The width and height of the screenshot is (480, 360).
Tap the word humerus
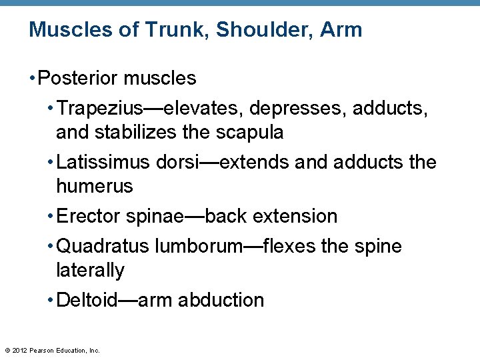click(95, 186)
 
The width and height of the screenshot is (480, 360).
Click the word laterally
click(90, 270)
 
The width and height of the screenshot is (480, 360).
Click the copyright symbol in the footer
click(7, 350)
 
